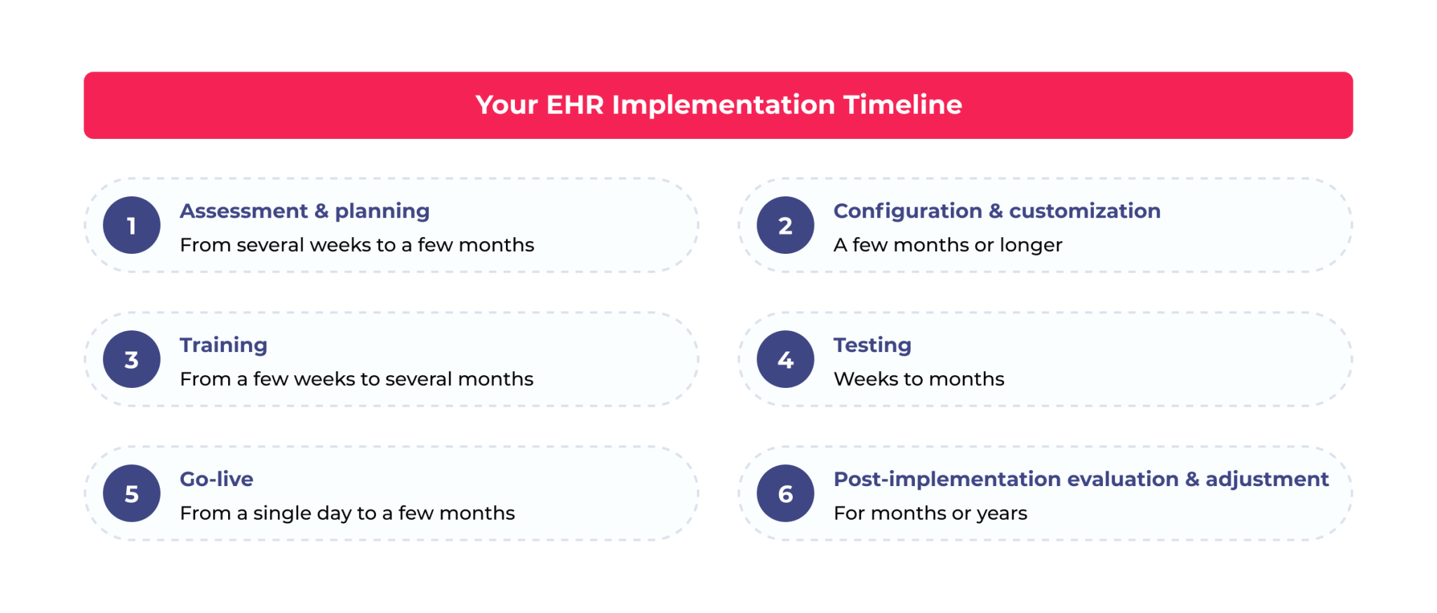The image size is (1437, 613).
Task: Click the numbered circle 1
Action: coord(131,225)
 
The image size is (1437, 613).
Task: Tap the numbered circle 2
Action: coord(785,225)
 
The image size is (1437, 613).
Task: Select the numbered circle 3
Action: coord(131,359)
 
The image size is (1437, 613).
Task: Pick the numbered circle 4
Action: coord(785,359)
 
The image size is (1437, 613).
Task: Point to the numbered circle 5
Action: coord(131,493)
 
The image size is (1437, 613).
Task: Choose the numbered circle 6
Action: coord(785,493)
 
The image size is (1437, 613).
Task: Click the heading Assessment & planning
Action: coord(305,211)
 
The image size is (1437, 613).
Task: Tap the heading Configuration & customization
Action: coord(996,211)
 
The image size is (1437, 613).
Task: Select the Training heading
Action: coord(223,345)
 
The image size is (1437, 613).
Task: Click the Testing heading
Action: coord(872,345)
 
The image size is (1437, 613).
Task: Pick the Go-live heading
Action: coord(216,479)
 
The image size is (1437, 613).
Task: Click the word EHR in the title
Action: coord(574,105)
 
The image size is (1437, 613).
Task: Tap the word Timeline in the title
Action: coord(902,105)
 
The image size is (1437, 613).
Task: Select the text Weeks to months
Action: coord(918,379)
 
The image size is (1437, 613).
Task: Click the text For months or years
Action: coord(930,513)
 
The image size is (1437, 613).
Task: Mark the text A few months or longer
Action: coord(947,245)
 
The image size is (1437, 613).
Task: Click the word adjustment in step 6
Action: coord(1266,479)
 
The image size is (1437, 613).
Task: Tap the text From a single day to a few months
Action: coord(347,513)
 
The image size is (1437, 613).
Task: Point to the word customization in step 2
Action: coord(1084,211)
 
